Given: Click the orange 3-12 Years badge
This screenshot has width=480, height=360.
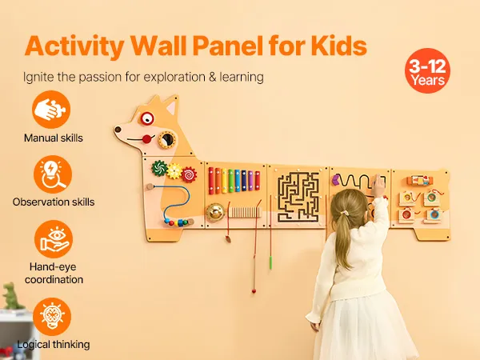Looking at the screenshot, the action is (427, 70).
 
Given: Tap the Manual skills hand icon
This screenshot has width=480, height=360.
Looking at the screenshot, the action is (51, 110).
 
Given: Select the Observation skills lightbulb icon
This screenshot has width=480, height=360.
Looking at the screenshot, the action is (53, 174).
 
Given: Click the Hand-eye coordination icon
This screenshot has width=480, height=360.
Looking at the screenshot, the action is (54, 239).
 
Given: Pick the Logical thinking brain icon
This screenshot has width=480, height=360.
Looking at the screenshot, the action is (52, 317).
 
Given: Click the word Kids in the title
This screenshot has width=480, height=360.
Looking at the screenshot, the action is (339, 46).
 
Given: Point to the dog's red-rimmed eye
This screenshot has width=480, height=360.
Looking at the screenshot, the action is (147, 118).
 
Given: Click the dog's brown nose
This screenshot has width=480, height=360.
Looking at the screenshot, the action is (118, 130).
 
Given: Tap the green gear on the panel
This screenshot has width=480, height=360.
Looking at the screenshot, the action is (159, 168).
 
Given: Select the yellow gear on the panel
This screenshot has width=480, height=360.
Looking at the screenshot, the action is (174, 171).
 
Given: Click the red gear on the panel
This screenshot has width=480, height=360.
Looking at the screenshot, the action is (189, 174).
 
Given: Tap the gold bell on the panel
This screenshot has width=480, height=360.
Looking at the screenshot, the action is (215, 212).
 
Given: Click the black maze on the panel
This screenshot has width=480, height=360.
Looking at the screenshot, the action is (298, 197).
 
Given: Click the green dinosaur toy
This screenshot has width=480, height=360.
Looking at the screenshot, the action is (11, 296).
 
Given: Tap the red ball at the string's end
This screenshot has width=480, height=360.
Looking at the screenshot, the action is (254, 291).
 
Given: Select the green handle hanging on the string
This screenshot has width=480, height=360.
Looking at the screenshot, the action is (270, 263).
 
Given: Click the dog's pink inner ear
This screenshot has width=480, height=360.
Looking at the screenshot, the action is (171, 107).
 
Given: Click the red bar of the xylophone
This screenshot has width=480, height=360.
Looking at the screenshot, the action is (211, 181).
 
